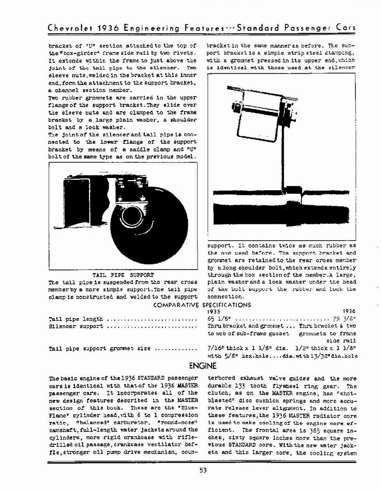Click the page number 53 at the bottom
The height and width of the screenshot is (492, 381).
click(203, 470)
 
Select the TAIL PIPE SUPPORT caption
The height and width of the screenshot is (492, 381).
click(123, 275)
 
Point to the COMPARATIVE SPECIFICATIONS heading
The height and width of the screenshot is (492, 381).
click(202, 305)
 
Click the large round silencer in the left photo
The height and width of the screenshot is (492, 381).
click(149, 219)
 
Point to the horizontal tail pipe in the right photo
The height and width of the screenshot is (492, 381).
click(279, 210)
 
